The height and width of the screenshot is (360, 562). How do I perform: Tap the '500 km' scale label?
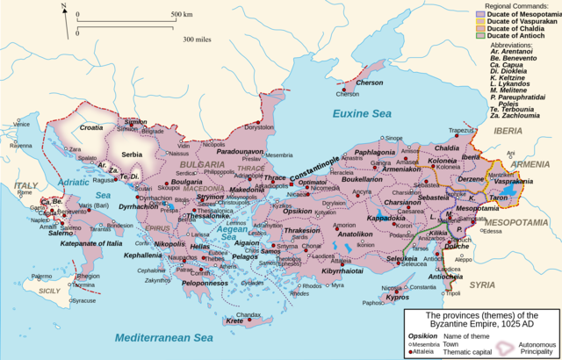pos(182,15)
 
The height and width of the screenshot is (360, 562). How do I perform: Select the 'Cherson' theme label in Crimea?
pos(370,83)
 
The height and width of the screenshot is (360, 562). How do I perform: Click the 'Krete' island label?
pos(234,321)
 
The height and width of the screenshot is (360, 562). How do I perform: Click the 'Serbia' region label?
pos(132,155)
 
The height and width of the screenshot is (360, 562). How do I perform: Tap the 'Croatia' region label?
pos(91,127)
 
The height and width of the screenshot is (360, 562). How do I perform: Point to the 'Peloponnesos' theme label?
pos(210,284)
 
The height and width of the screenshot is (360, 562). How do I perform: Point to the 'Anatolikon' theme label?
pos(355,234)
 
